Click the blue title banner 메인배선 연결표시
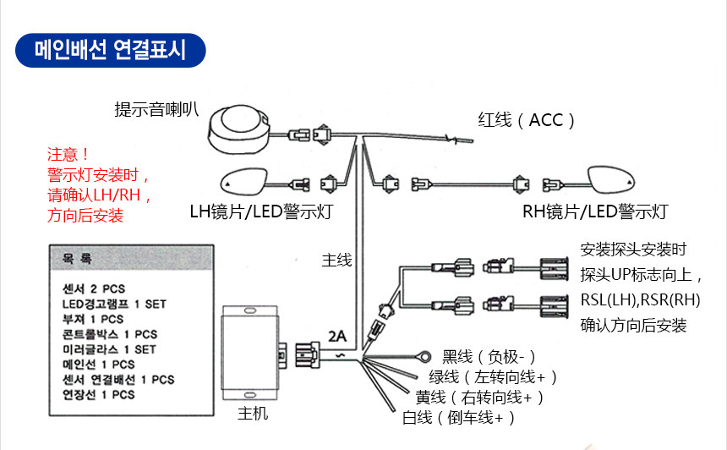coord(111,50)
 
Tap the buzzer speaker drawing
coord(238,129)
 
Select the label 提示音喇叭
coord(156,109)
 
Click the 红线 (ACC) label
coord(527,120)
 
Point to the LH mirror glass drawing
coord(243,181)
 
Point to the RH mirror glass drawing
coord(611,179)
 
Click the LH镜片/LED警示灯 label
coord(261,211)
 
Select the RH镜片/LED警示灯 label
coord(595,211)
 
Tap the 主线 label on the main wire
coord(336,260)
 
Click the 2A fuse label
coord(337,336)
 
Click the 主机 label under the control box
coord(253,413)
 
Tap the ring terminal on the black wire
coord(424,357)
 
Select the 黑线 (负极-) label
coord(489,357)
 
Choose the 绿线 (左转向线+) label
coord(493,376)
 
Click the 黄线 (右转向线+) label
coord(479,397)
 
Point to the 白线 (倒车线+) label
coord(458,418)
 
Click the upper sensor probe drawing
coord(554,269)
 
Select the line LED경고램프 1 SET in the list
coord(114,304)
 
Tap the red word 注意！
coord(68,154)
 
